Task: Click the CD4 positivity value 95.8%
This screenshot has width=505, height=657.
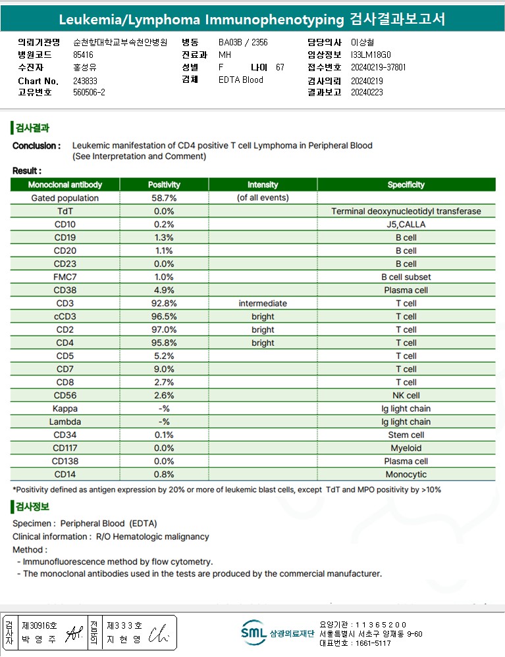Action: (x=164, y=343)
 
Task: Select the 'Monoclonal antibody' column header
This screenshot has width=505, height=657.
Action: (x=65, y=185)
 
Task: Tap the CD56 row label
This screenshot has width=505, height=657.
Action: (x=65, y=395)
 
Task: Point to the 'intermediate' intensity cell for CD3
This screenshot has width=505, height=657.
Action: (x=263, y=303)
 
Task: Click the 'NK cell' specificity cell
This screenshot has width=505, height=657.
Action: (x=406, y=395)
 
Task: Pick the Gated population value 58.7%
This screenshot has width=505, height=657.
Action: (x=164, y=198)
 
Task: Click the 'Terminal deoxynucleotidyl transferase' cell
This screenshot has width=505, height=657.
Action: (x=406, y=211)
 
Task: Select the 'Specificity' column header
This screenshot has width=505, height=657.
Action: (x=406, y=185)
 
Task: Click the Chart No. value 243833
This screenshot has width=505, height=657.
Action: (x=85, y=81)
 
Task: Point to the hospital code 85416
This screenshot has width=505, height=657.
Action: (x=83, y=55)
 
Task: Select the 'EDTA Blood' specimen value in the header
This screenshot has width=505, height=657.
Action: (x=241, y=80)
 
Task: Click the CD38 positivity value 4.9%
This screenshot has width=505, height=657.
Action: (x=164, y=290)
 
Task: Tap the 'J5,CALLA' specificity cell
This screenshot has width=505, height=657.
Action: (x=406, y=224)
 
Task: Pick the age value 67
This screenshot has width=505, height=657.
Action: (x=280, y=68)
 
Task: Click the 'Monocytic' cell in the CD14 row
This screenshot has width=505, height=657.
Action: (x=406, y=474)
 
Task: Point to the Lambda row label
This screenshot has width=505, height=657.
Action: (x=65, y=422)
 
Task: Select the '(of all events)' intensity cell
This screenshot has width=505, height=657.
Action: (x=263, y=198)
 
